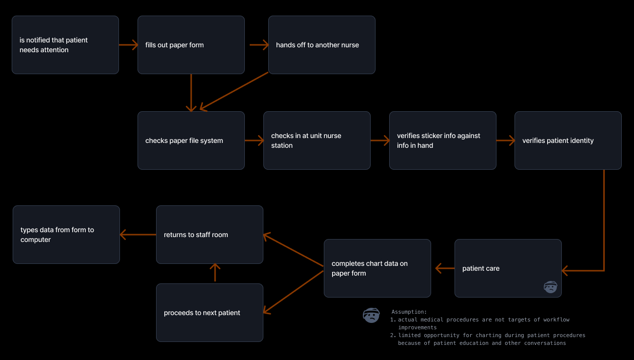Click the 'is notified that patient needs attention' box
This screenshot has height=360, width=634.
[x=65, y=45]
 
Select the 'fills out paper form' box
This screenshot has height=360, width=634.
[x=191, y=45]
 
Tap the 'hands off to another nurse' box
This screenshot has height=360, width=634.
[x=322, y=45]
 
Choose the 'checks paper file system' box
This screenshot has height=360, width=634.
[x=191, y=140]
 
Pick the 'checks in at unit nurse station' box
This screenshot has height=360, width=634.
[x=317, y=140]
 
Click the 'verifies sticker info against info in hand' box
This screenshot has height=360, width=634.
[x=443, y=140]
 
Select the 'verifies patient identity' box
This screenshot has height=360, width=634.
[x=568, y=140]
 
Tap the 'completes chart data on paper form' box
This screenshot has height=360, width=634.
[x=377, y=268]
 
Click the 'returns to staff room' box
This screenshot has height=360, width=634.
[x=210, y=235]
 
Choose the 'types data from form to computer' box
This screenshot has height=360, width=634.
[x=66, y=235]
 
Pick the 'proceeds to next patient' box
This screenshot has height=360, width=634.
[x=210, y=313]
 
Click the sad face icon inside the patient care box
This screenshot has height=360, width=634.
[x=550, y=287]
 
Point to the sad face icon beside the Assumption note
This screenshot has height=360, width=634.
[x=371, y=315]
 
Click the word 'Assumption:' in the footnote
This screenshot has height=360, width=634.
[x=409, y=312]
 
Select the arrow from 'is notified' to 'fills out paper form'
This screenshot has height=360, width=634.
[x=128, y=45]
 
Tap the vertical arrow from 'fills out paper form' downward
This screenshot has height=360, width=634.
[x=191, y=93]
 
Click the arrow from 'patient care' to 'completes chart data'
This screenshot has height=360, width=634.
[x=444, y=268]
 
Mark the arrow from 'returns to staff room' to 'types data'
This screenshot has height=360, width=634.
[x=138, y=235]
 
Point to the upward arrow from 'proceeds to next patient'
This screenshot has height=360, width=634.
[x=215, y=273]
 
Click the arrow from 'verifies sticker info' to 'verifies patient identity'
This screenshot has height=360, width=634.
[x=506, y=140]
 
